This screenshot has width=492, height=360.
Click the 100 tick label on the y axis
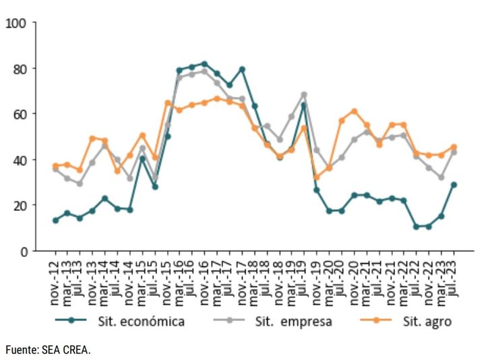click(16, 24)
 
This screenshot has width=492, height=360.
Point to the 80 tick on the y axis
click(18, 69)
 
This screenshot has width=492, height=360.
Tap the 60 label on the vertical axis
click(18, 114)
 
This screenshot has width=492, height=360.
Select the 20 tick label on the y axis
click(18, 206)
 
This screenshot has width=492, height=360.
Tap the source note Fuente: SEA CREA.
click(48, 350)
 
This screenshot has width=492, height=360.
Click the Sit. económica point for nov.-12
click(55, 220)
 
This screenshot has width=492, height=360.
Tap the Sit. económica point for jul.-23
click(454, 185)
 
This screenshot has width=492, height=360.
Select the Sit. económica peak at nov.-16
click(205, 64)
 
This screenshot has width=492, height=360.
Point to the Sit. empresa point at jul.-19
click(304, 94)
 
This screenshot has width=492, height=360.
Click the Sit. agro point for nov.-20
click(354, 111)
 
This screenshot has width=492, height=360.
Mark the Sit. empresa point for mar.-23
click(441, 177)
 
